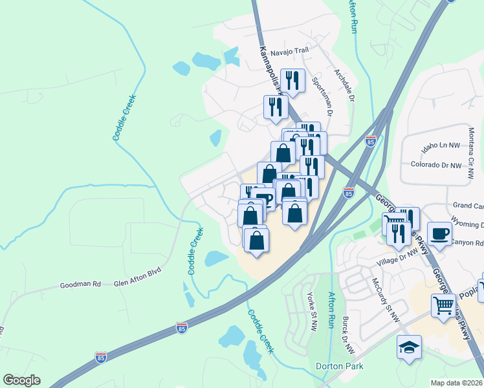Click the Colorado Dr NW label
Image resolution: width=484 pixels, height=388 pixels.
click(436, 165)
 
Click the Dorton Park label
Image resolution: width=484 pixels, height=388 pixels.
click(339, 366)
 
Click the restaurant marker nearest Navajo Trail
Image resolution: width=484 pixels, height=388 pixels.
click(292, 81)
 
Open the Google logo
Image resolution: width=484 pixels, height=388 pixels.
click(21, 380)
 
